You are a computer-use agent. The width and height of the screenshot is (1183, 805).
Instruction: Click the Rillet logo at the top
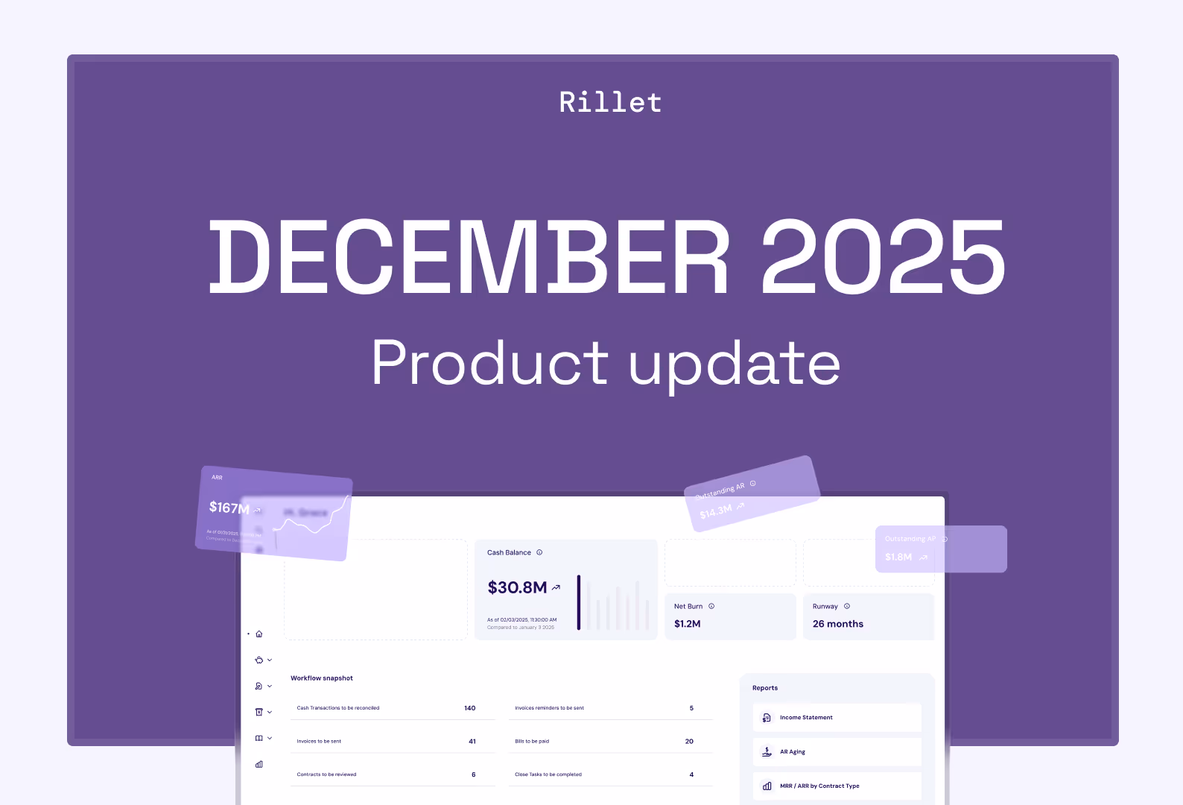[610, 103]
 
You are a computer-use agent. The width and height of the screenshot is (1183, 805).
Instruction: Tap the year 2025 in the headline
[883, 257]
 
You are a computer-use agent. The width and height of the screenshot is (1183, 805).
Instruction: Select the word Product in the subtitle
[489, 363]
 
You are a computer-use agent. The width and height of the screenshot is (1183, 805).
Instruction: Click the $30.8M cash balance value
[518, 588]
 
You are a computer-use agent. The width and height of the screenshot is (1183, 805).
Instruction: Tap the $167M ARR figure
[229, 508]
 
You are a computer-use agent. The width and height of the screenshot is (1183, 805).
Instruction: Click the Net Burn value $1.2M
[687, 624]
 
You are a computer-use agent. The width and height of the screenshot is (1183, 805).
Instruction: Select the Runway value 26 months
[837, 624]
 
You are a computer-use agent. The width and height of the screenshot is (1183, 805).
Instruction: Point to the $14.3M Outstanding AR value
[716, 511]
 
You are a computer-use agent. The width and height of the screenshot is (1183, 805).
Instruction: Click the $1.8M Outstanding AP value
[898, 557]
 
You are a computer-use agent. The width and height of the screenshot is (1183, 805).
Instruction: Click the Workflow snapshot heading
[322, 678]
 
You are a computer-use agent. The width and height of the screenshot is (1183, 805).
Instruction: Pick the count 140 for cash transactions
[469, 708]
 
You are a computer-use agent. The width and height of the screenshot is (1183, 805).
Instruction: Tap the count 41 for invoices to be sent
[472, 742]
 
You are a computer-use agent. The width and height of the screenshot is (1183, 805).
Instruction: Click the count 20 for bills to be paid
[689, 742]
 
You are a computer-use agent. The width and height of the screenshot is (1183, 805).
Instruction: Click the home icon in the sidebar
[259, 634]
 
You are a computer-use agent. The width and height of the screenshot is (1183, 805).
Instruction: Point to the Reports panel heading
[765, 688]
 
